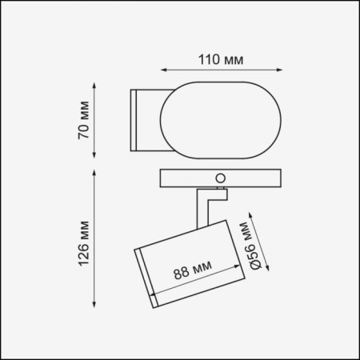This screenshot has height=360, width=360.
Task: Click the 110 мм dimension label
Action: [221, 60]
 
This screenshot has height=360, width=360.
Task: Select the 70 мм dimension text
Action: [84, 120]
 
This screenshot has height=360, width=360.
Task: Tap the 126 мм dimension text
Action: [84, 244]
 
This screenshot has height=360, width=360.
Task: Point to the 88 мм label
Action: [193, 270]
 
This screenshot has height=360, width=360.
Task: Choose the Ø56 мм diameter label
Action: [250, 246]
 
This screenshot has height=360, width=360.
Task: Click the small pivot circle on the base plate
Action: [221, 178]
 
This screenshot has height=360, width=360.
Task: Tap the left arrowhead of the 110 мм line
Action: [163, 70]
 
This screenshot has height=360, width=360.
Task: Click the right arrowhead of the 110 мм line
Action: [279, 70]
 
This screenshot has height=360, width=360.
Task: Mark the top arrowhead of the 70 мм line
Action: [94, 86]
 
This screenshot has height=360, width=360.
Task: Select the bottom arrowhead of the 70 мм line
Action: [94, 155]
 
